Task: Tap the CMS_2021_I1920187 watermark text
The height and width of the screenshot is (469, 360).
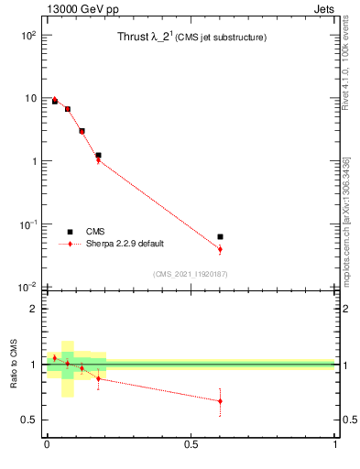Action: [x=191, y=274]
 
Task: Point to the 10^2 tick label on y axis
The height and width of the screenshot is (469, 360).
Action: [x=27, y=35]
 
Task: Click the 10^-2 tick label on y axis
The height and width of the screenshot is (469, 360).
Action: [x=27, y=288]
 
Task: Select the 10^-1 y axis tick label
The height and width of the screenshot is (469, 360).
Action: [x=27, y=224]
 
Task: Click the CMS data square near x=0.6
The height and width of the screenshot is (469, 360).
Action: [x=220, y=236]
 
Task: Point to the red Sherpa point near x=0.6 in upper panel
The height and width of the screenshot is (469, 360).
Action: [x=220, y=249]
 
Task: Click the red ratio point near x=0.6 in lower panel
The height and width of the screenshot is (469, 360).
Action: [x=220, y=400]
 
